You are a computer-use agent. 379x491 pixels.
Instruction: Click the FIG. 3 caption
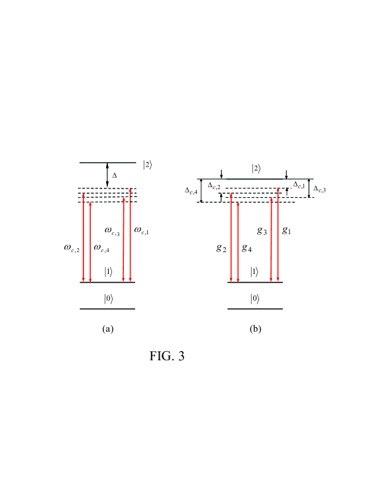(167, 356)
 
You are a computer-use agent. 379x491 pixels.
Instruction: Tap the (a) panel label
(108, 329)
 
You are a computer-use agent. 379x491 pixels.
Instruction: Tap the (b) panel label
(256, 329)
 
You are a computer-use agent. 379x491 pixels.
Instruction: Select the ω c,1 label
(141, 230)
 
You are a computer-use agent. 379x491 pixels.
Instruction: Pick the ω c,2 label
(72, 248)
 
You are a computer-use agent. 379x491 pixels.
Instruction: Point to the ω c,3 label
(112, 231)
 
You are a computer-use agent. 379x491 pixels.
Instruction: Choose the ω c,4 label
(101, 248)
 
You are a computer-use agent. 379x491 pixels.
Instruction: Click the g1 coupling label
(287, 230)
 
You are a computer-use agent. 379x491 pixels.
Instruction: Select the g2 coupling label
(221, 248)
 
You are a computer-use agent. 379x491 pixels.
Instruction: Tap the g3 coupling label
(262, 231)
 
